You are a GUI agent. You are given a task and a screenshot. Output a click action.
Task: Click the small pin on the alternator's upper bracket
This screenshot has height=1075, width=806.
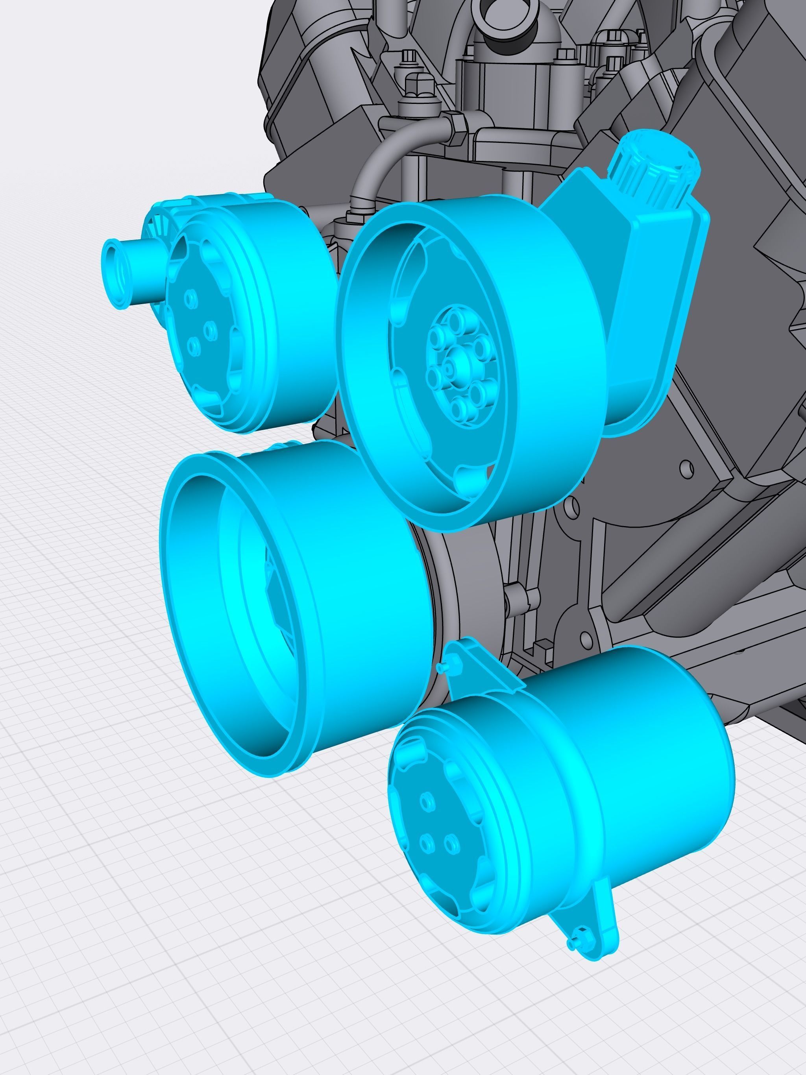point(440,668)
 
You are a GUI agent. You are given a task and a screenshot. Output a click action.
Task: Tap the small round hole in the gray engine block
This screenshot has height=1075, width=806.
point(686,467)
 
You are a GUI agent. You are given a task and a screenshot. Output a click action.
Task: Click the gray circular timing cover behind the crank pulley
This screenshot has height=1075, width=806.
point(467,573)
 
